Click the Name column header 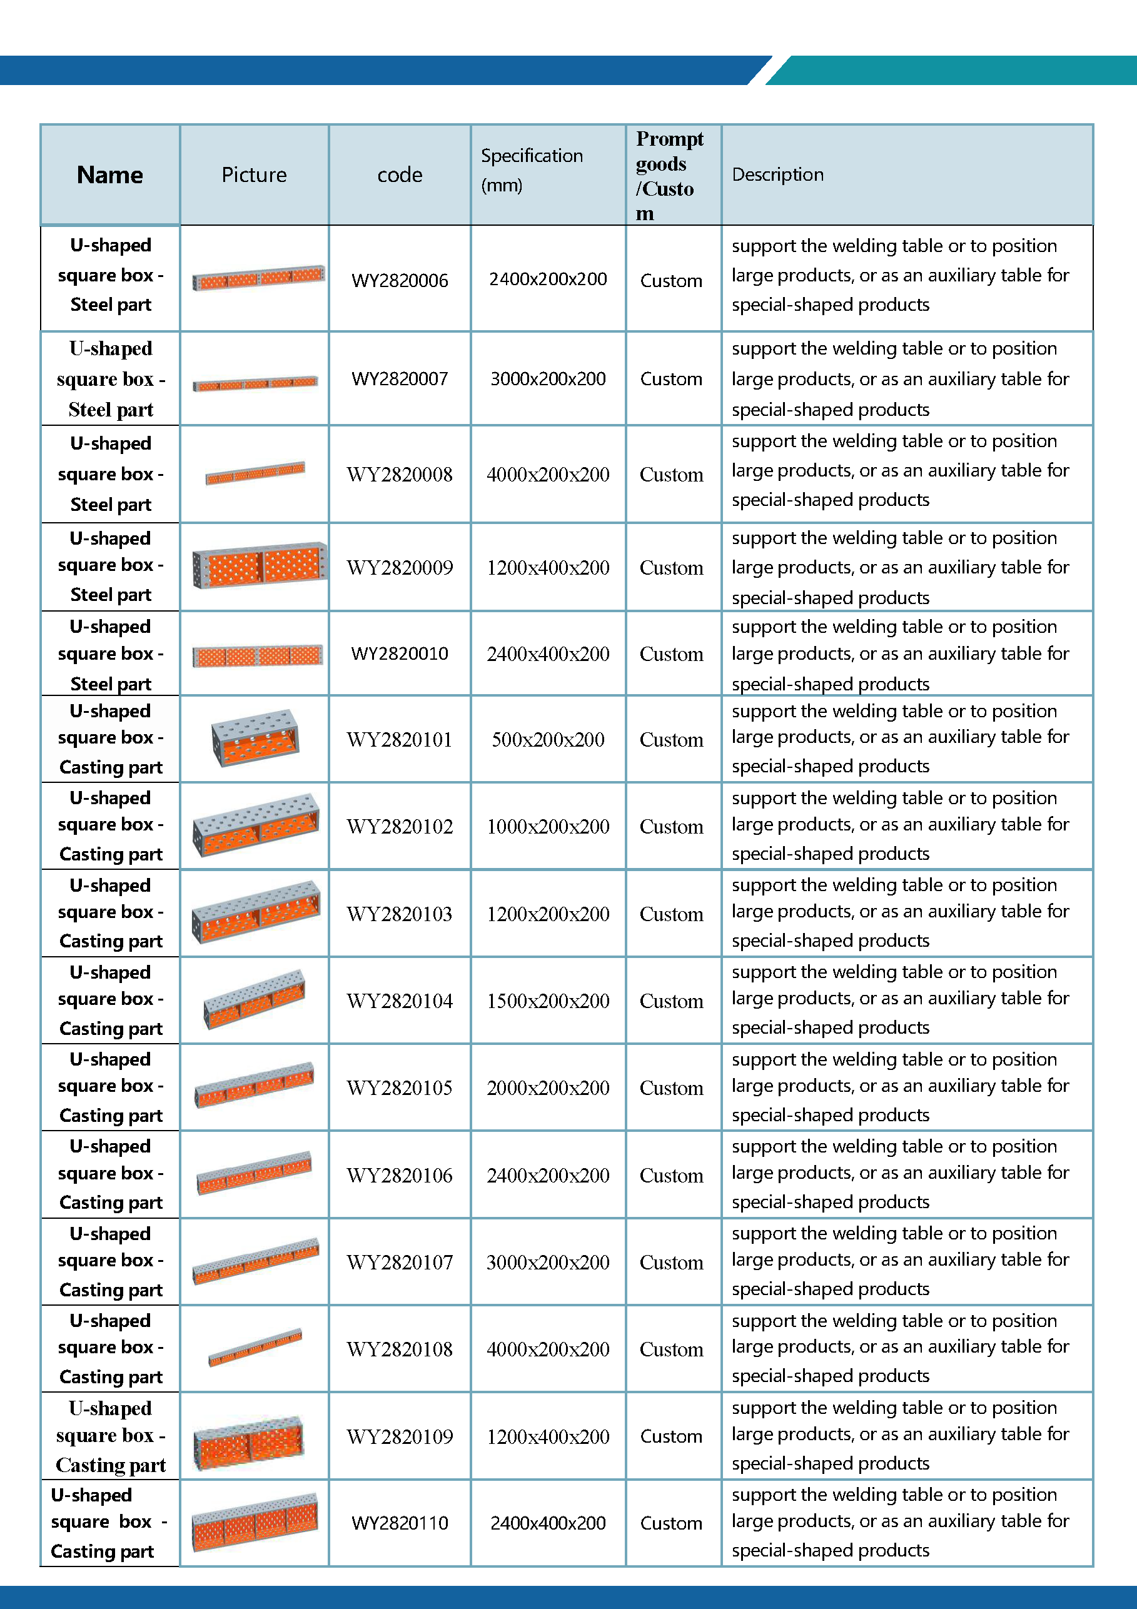point(110,174)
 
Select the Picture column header point(254,174)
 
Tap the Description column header point(777,174)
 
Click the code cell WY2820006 point(400,280)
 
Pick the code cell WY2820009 point(400,567)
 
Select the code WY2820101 point(400,739)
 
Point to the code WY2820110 point(400,1523)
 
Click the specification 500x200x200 point(547,739)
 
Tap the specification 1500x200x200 point(547,1001)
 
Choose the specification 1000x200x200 point(547,826)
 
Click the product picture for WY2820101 point(255,738)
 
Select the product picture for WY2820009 point(260,565)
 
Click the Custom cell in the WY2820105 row point(671,1087)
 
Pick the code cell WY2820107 point(400,1262)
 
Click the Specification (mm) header point(532,170)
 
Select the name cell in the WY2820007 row point(111,379)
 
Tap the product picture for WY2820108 point(255,1347)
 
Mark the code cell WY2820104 point(400,1001)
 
